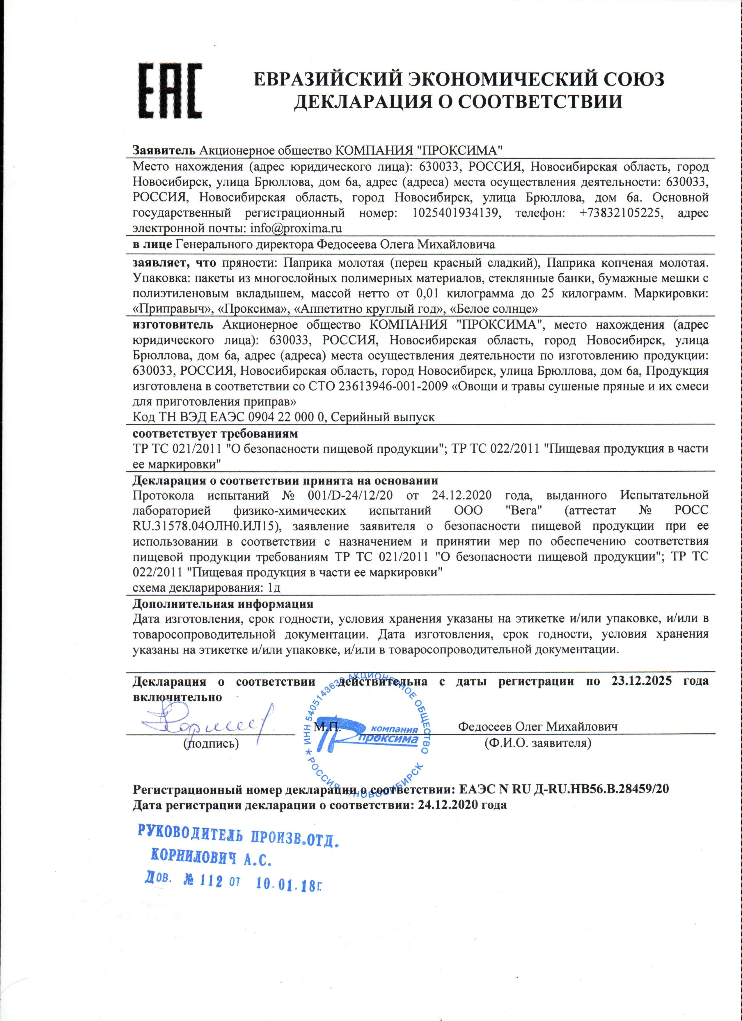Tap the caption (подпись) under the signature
click(211, 743)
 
